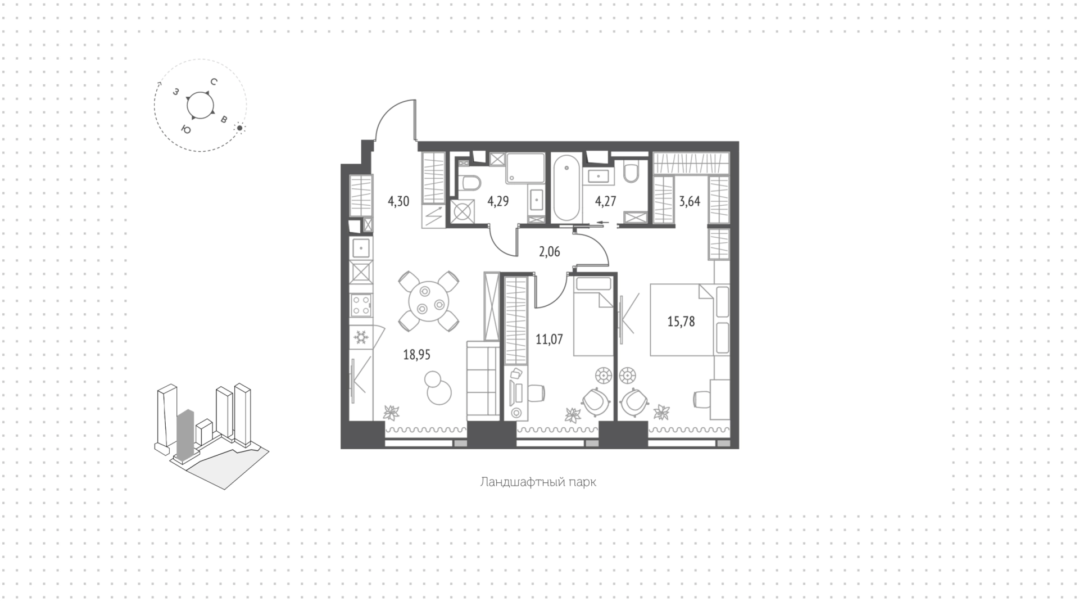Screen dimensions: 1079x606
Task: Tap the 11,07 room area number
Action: (549, 339)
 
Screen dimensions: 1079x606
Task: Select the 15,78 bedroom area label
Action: (681, 322)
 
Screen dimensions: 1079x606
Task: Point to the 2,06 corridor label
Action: (549, 252)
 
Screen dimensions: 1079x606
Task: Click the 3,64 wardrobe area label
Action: (690, 201)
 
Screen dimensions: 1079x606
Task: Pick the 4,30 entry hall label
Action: (398, 201)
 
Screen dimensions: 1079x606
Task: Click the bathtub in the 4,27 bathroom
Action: (566, 189)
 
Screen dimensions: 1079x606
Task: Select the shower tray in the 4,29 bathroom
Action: (525, 168)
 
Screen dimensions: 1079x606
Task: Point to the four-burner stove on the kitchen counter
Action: (361, 306)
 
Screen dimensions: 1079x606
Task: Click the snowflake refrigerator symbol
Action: (360, 337)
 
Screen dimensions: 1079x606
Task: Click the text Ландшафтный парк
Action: (538, 482)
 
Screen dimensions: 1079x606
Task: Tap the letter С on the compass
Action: (214, 82)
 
